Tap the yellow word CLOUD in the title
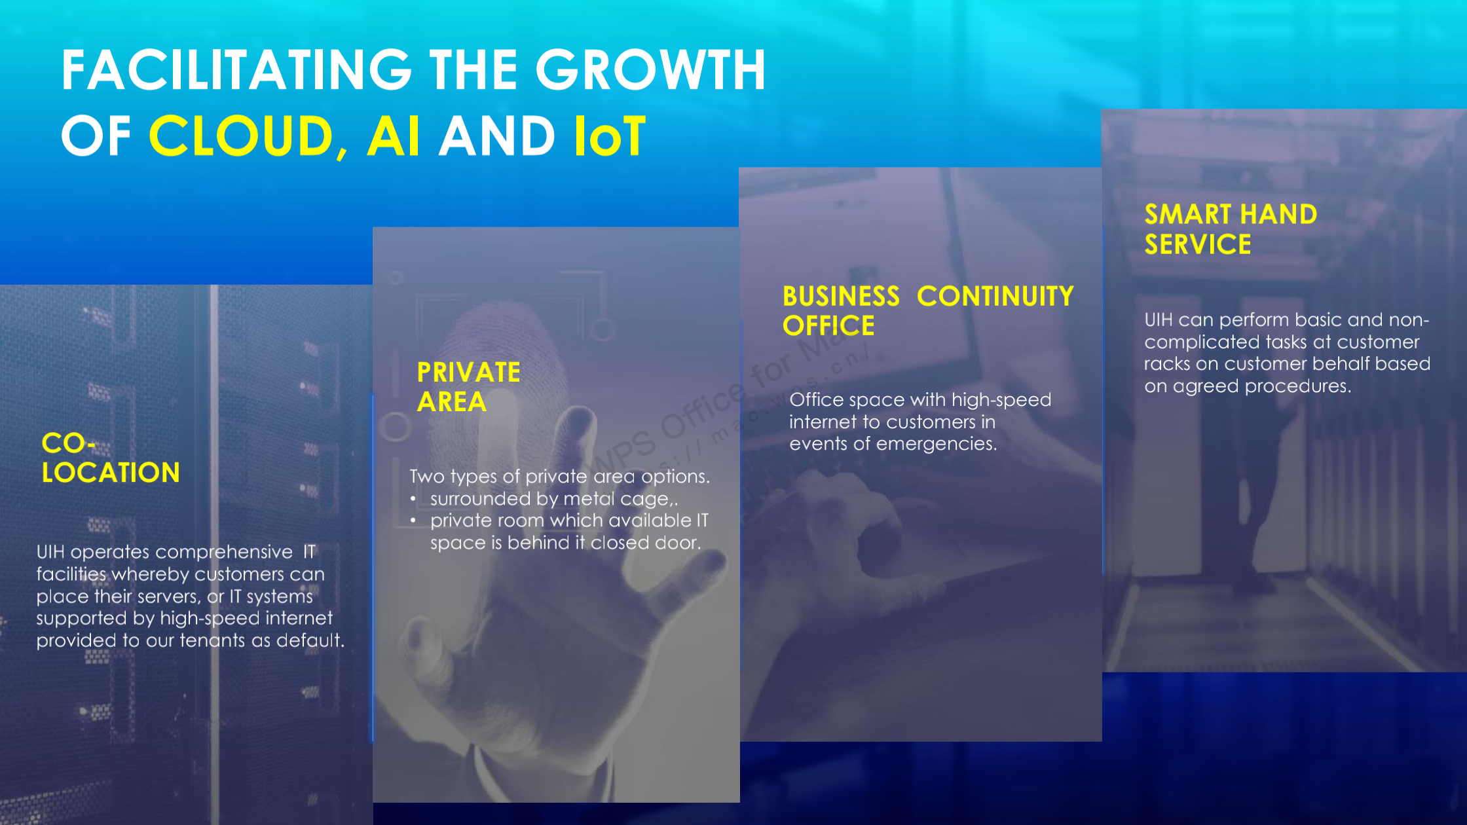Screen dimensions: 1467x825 242,136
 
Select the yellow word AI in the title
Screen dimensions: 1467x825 393,136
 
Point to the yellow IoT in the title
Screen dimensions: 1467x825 610,136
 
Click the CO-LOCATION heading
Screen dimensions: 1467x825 111,458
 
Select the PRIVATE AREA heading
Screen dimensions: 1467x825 469,387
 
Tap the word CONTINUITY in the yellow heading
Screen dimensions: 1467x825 995,296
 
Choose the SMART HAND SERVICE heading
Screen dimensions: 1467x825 1231,229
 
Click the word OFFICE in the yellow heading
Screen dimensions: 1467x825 828,325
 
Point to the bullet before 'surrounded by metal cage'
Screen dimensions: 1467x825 413,499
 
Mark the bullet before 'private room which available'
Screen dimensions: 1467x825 413,521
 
